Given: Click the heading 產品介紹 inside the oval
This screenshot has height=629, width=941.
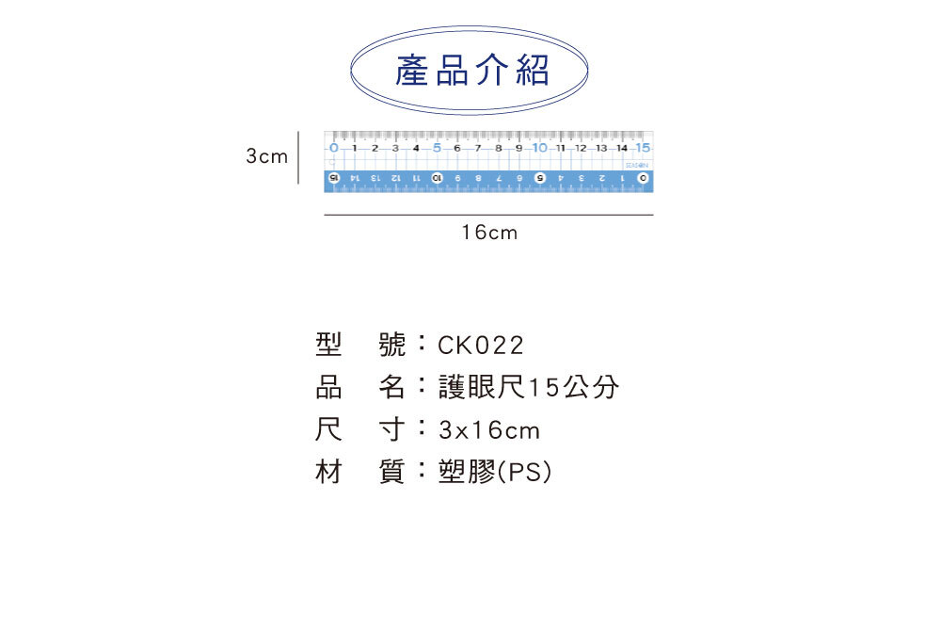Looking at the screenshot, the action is [x=471, y=71].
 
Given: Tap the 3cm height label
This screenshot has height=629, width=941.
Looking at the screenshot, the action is [x=266, y=156].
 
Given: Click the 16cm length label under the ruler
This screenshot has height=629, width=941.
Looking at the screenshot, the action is [x=488, y=232].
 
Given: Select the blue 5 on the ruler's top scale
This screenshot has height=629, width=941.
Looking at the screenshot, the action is [x=437, y=148].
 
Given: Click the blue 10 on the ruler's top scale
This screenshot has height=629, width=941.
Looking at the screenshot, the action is [x=539, y=148].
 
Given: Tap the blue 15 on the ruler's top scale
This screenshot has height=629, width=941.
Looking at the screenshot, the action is [x=643, y=148].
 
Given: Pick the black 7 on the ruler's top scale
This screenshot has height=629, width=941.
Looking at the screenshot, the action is [x=478, y=148].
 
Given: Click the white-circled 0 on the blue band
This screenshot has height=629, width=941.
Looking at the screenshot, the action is [x=643, y=177].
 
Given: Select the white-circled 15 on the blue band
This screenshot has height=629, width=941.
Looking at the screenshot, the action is [x=333, y=177].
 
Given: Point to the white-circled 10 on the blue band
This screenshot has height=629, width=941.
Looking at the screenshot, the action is [x=437, y=177].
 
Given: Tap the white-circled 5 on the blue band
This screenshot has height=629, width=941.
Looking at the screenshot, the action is [x=540, y=177].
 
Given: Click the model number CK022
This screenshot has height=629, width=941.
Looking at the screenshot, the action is [x=480, y=346].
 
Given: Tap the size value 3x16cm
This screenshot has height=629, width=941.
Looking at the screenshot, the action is [x=489, y=430].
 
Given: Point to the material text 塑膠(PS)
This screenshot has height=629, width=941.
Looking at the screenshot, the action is [x=495, y=473].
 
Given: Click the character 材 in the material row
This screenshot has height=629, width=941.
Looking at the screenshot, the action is [x=327, y=473].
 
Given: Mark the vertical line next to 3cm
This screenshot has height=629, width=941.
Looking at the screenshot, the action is [x=298, y=157].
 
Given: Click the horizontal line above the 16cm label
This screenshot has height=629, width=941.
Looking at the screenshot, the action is [x=488, y=216].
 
